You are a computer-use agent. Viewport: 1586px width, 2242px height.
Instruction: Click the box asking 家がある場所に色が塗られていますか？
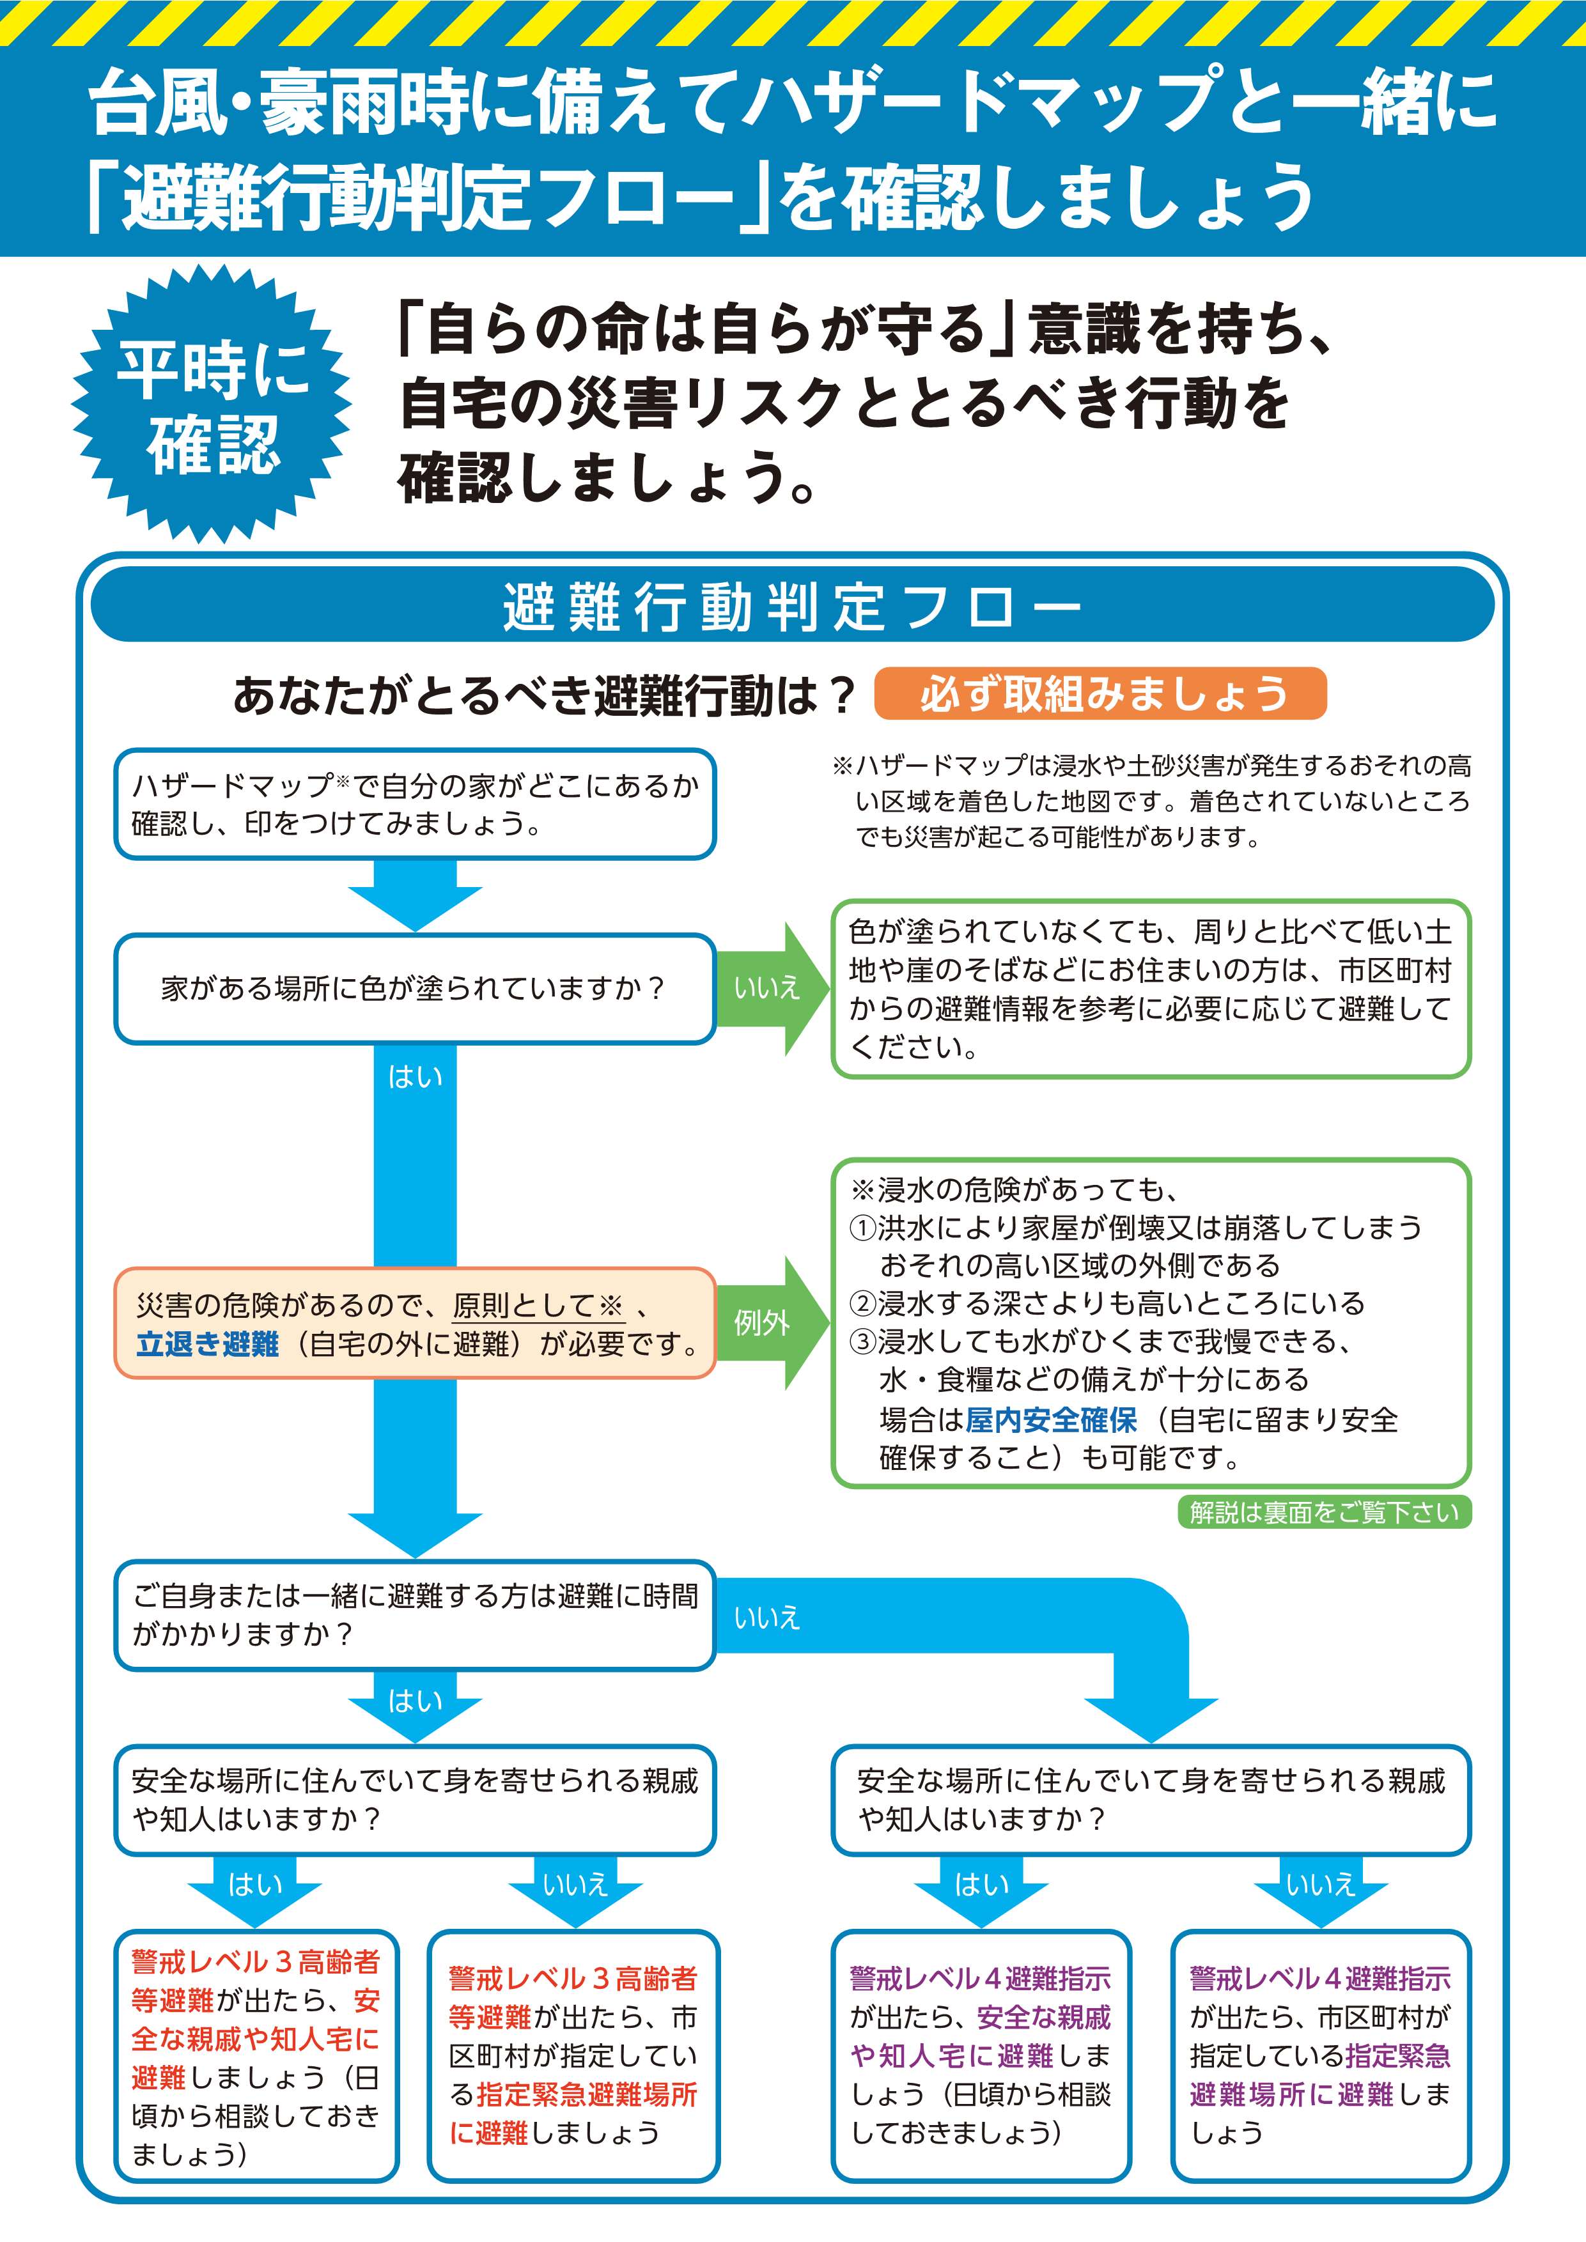pos(414,988)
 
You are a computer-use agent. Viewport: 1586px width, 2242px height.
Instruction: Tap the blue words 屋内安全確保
pos(1051,1420)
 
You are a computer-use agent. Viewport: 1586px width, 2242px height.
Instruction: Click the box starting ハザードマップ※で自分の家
pos(414,803)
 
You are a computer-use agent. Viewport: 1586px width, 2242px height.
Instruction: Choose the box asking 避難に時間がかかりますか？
pos(414,1614)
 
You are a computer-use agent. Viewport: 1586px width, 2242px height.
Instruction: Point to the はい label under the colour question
pos(415,1076)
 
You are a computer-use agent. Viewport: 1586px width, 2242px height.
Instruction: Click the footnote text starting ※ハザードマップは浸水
pos(1153,801)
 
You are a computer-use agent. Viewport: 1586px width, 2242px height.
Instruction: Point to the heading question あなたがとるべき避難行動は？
pos(544,695)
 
